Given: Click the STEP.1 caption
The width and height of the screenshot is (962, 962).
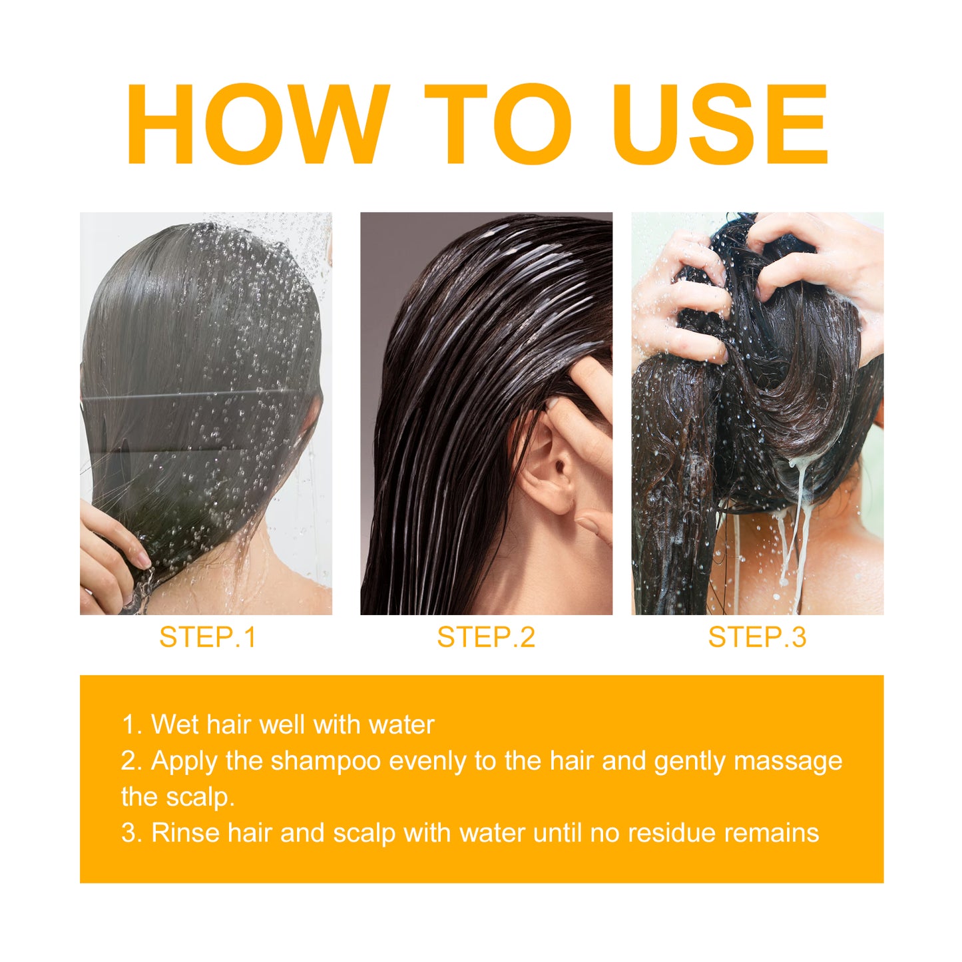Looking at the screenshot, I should point(208,637).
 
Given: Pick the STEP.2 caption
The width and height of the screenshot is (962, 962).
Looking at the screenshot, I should point(486,637).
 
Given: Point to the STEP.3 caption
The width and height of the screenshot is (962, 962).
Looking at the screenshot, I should point(757,637).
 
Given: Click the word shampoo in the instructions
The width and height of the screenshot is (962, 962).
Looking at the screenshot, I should point(326,761).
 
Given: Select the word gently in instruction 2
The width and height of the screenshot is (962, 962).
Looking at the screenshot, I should point(689,761).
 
